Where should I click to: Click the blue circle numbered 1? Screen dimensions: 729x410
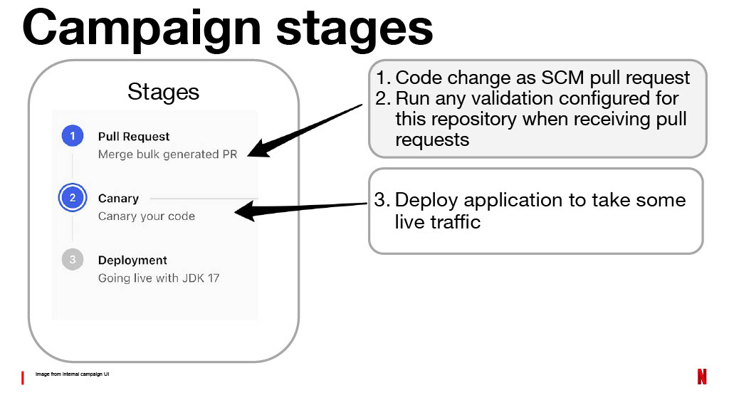point(73,136)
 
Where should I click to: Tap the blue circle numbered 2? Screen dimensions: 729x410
point(73,198)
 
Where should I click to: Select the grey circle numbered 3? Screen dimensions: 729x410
point(73,259)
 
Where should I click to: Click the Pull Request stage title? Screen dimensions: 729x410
point(133,137)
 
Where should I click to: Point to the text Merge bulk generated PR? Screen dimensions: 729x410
point(167,154)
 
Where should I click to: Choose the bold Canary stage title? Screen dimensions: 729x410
point(118,199)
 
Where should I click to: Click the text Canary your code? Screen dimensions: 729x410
point(147,216)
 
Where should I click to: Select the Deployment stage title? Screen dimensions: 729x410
point(132,261)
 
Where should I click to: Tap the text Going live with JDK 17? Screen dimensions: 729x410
point(159,278)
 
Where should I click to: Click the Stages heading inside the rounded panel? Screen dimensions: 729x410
point(163,92)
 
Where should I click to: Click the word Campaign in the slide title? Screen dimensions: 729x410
point(142,28)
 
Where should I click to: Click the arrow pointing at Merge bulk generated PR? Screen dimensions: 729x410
point(305,131)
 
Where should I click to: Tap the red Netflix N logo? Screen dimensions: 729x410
point(702,377)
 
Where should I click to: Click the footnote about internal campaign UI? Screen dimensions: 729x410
point(72,374)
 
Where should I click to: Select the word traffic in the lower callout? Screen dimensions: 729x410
point(455,222)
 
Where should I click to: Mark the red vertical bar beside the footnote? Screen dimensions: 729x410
point(22,377)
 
